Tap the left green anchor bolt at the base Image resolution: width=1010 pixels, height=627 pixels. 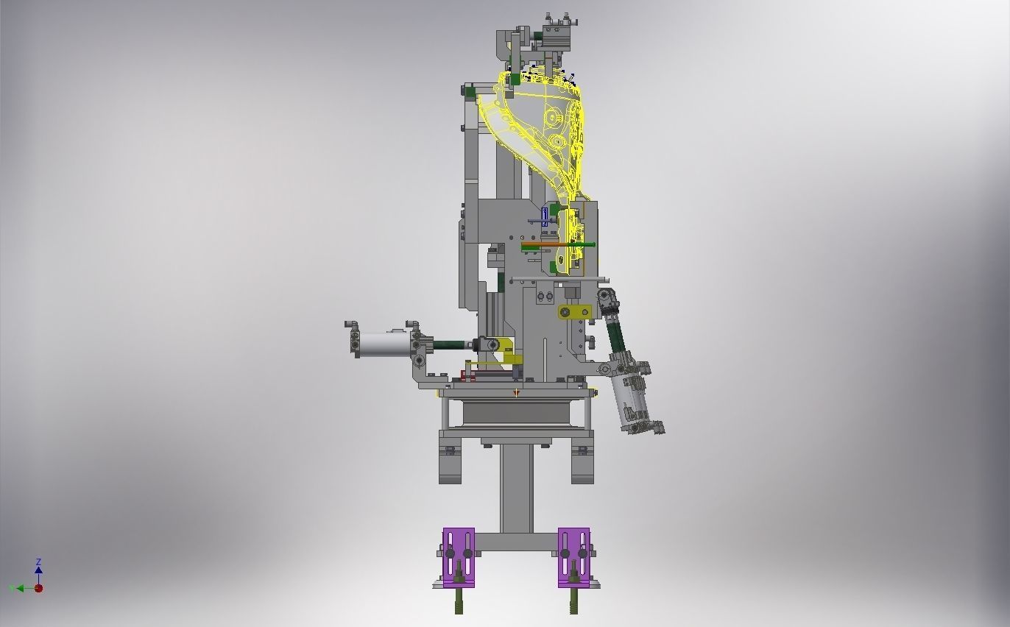[459, 600]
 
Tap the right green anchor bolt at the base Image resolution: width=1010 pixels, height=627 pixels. [573, 600]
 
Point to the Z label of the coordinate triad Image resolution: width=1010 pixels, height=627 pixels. [38, 562]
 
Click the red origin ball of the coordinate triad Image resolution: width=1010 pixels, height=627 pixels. [38, 588]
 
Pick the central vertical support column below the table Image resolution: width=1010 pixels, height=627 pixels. [516, 486]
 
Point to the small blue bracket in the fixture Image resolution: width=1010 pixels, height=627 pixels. [545, 217]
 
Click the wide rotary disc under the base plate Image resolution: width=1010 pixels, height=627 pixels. [515, 413]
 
